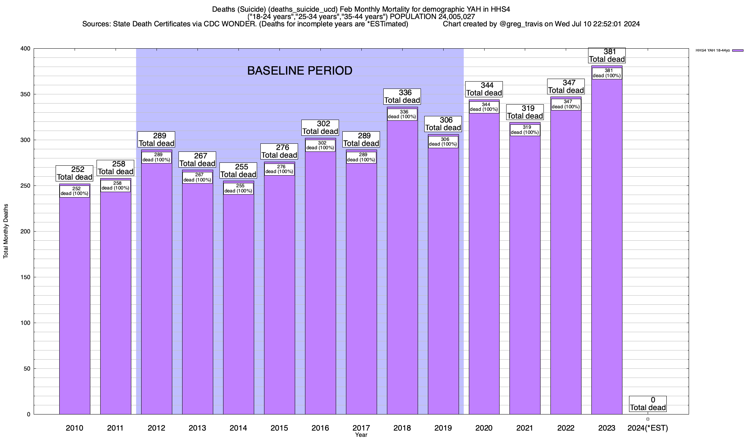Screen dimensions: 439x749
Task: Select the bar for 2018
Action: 402,267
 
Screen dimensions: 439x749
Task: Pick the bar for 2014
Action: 238,304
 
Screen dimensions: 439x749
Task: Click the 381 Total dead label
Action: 607,56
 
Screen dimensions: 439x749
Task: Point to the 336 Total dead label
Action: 402,97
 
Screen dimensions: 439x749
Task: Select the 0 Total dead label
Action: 648,404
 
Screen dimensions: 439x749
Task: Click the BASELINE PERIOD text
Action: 300,71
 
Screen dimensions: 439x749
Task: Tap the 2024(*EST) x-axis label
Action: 648,428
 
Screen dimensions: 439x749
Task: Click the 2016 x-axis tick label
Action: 320,428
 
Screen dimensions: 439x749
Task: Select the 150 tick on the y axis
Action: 25,277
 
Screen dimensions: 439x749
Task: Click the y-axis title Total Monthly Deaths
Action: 6,231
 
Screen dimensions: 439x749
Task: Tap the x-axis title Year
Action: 361,435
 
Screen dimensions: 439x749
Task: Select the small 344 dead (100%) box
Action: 484,107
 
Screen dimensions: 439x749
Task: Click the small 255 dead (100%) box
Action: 238,188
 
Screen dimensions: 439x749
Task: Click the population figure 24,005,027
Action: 453,17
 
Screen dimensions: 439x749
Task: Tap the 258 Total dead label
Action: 116,168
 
